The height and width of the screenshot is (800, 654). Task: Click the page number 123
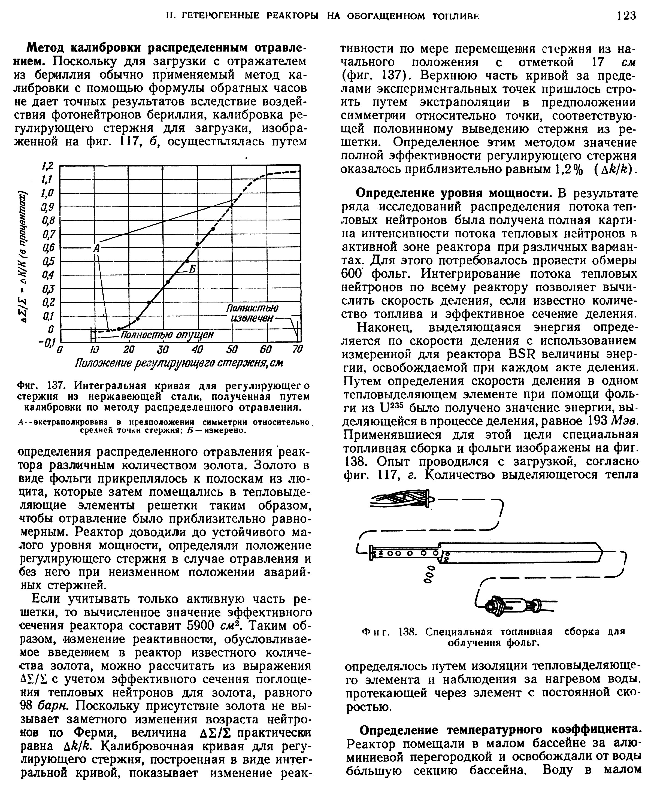626,16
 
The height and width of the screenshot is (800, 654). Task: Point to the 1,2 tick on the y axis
49,166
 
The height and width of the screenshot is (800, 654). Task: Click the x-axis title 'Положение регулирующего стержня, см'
179,363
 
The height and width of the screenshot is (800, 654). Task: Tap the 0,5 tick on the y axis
48,261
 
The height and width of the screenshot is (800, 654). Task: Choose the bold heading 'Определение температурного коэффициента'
500,730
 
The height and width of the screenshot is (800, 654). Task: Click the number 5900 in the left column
200,626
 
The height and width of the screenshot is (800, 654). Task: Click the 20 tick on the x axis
129,350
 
